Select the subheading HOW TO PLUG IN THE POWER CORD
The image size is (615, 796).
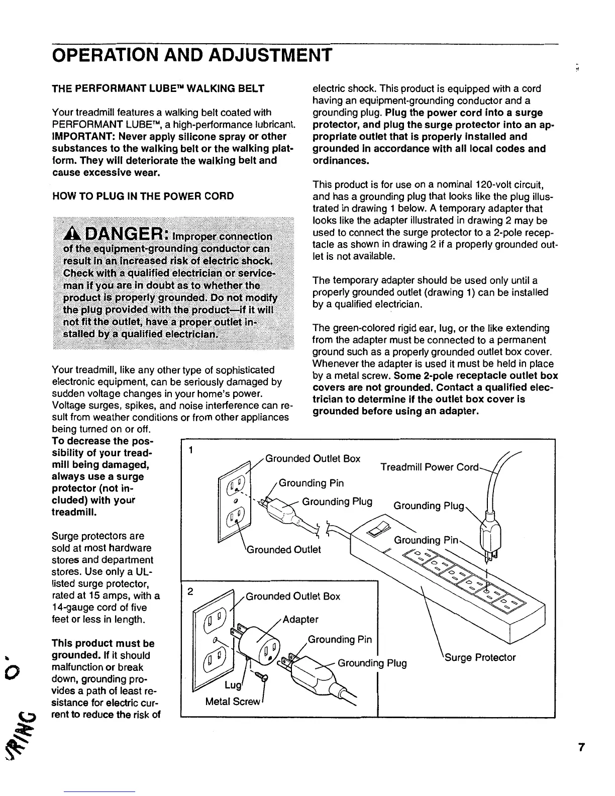coord(143,196)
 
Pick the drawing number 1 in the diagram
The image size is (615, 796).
coord(191,450)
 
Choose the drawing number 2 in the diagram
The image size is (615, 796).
coord(190,591)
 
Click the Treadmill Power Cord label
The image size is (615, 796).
coord(431,467)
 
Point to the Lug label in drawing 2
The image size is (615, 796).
coord(233,685)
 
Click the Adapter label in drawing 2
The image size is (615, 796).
coord(300,619)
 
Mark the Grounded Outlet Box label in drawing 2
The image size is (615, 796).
coord(292,596)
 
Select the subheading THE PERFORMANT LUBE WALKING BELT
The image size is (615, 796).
coord(158,89)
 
